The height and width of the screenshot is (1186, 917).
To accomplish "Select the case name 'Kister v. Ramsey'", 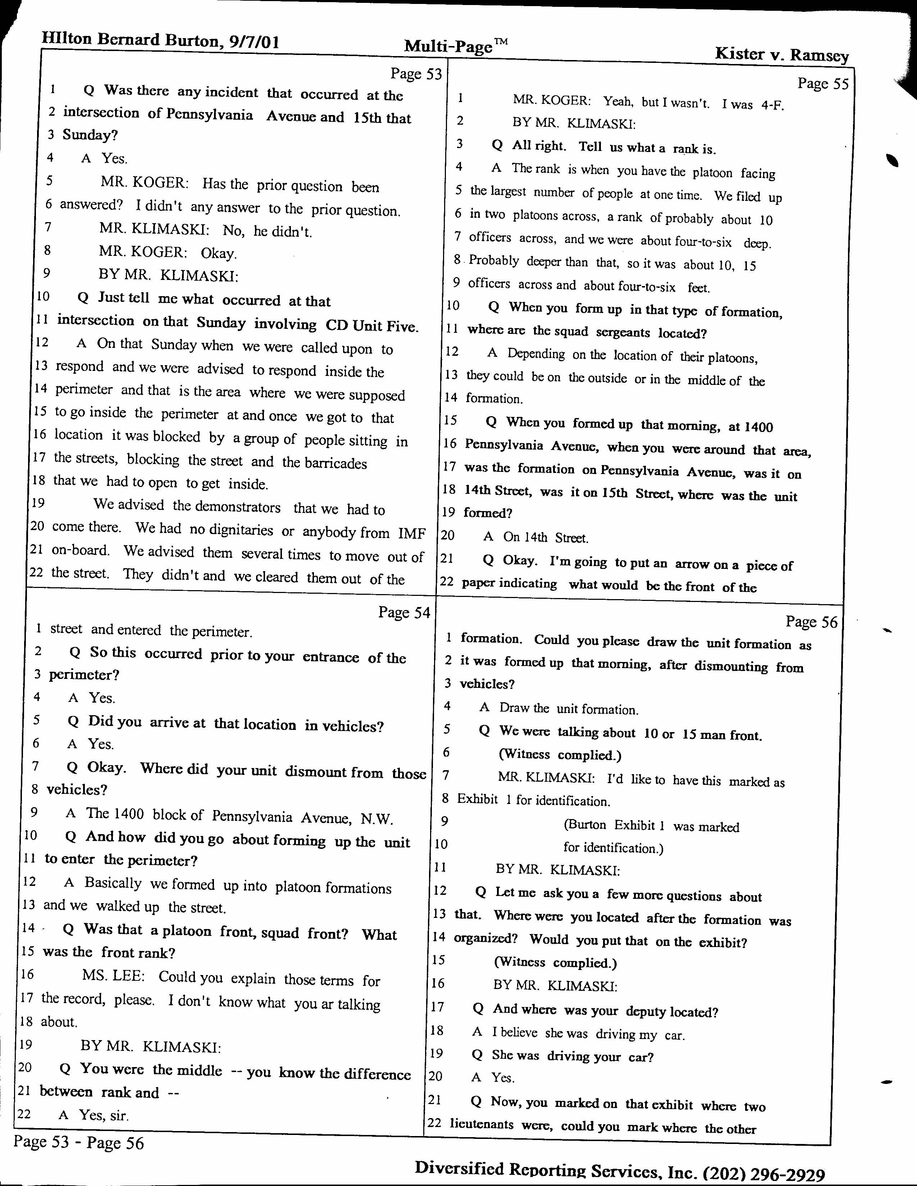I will coord(781,54).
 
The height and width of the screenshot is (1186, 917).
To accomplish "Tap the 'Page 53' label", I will coord(416,73).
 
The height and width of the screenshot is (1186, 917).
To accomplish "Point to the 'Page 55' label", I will coord(822,83).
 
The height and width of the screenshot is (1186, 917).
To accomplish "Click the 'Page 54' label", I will coord(404,612).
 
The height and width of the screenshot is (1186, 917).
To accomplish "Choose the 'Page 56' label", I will coord(812,622).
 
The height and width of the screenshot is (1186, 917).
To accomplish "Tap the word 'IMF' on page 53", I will coord(412,533).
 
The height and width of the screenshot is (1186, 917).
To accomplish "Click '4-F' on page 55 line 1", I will coord(772,105).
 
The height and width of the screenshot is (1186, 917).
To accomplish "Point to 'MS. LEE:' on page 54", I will coord(113,976).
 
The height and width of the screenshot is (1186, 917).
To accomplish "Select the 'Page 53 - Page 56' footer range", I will coord(79,1143).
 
